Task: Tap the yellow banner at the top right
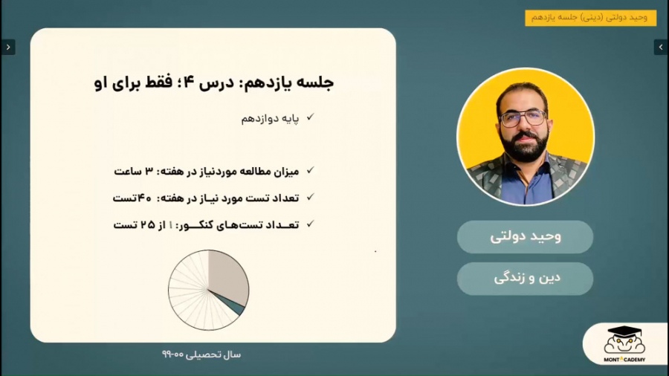coord(590,18)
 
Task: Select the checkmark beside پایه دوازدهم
coord(310,117)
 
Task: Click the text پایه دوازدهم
coord(270,118)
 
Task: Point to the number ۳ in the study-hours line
coord(149,171)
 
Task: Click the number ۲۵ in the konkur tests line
coord(148,224)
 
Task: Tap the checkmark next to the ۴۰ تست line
coord(310,197)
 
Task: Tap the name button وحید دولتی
coord(525,236)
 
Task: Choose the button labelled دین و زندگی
coord(525,279)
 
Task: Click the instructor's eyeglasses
coord(523,118)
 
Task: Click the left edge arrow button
coord(8,48)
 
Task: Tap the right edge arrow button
coord(661,48)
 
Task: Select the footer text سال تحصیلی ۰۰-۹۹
coord(201,354)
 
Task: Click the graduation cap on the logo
coord(624,331)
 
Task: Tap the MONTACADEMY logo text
coord(624,360)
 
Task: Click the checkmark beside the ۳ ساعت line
coord(310,170)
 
